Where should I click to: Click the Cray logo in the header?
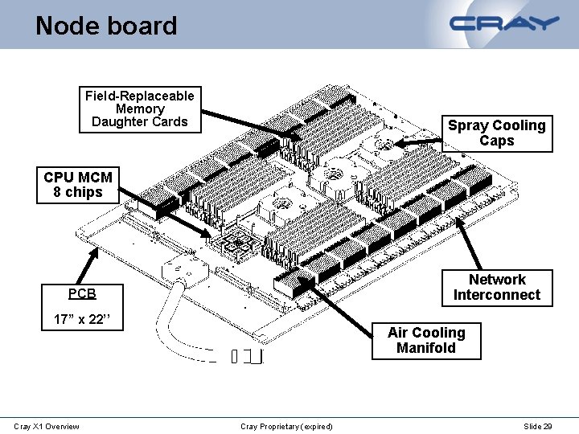coord(505,23)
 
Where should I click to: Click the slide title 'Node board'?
coord(106,26)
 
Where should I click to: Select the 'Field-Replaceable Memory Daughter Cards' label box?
coord(140,108)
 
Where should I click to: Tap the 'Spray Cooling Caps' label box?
coord(496,133)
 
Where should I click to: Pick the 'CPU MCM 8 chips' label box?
coord(78,184)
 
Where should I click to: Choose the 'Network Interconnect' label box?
coord(496,287)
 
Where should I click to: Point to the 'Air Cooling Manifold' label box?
coord(426,340)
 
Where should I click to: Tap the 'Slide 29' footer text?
coord(538,426)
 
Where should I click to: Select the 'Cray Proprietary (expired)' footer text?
coord(286,426)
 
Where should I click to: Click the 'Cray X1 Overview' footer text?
coord(47,426)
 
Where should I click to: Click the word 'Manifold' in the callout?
coord(426,348)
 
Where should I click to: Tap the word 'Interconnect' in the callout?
coord(496,295)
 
